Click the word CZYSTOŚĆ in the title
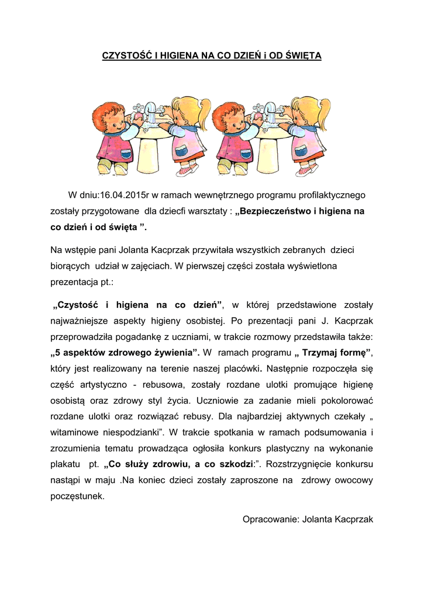125,56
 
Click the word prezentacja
74,281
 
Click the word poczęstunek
78,496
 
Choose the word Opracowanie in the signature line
268,519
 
